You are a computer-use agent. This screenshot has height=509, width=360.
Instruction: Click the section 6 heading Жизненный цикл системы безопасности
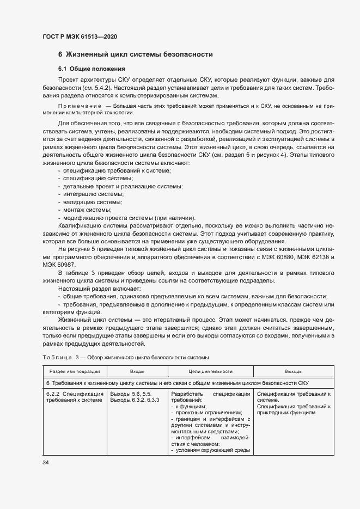coord(135,54)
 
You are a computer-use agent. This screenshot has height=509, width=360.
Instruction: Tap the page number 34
coord(46,463)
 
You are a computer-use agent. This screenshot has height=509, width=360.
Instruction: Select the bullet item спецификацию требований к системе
coord(116,171)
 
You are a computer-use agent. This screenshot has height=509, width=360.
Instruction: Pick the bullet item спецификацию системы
coord(97,179)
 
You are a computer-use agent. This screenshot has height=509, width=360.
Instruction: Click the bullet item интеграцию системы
coord(93,194)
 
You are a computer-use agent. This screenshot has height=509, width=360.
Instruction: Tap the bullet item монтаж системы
coord(87,210)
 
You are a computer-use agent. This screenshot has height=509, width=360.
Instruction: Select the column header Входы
coord(137,371)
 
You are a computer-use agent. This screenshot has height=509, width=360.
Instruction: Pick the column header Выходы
coord(293,371)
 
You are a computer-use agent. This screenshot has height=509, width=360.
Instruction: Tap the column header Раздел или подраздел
coord(75,371)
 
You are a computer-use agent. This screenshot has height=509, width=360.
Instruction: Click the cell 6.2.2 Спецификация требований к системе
coord(75,397)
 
